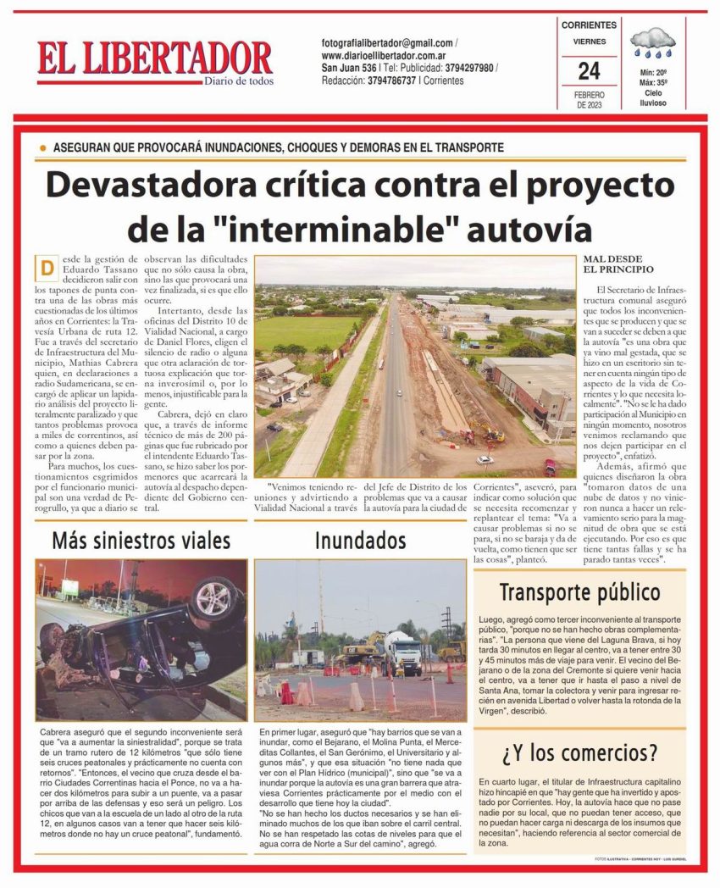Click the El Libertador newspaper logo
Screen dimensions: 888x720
coord(154,61)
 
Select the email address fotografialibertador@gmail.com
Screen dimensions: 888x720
coord(387,43)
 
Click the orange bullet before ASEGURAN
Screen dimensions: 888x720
coord(42,147)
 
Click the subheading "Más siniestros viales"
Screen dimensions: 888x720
coord(141,539)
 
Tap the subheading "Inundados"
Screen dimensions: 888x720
coord(360,539)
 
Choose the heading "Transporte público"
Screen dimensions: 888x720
coord(579,591)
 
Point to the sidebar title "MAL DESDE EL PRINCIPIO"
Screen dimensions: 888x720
coord(619,264)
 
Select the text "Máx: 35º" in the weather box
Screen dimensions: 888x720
coord(653,83)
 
